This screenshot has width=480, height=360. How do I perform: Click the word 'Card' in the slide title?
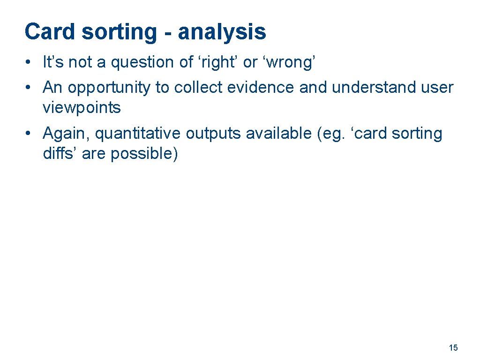(x=49, y=32)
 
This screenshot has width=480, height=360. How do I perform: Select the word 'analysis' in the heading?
(x=222, y=32)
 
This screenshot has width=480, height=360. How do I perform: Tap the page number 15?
(x=453, y=348)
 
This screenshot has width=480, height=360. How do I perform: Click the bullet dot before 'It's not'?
(x=29, y=62)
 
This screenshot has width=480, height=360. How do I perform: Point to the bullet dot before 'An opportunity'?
(x=29, y=88)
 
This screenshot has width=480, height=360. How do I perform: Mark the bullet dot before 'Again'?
(x=29, y=134)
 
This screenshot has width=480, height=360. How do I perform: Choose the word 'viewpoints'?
(x=82, y=108)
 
